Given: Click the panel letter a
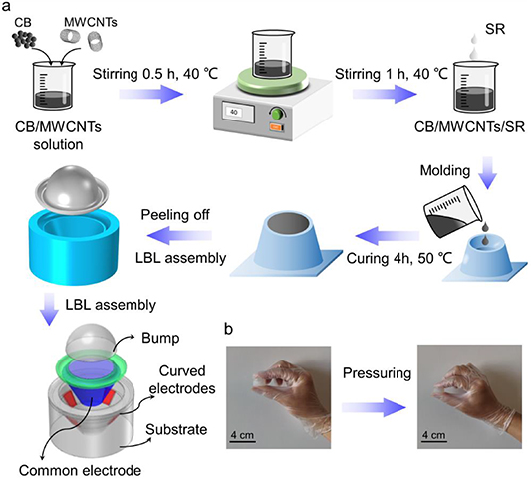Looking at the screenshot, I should click(8, 9).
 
